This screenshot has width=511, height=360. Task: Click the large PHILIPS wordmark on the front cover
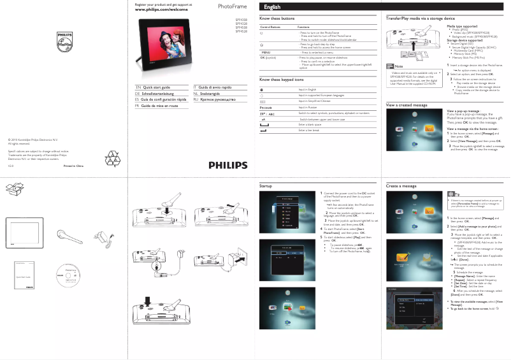(227, 165)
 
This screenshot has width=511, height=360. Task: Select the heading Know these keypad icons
(282, 80)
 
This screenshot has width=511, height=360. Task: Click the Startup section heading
(266, 185)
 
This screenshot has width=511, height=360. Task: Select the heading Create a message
(401, 185)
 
